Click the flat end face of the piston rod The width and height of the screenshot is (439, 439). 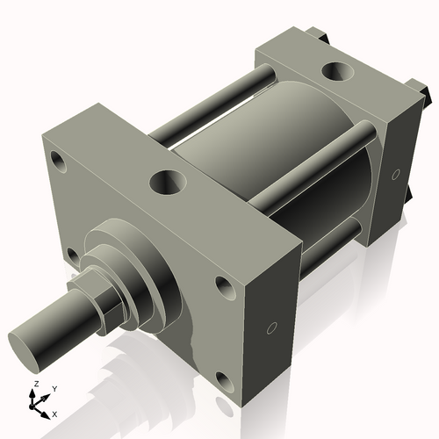click(x=29, y=339)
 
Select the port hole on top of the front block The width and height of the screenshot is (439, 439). click(x=166, y=183)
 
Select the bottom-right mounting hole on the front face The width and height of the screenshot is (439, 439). click(x=225, y=381)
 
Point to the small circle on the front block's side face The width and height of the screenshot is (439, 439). click(x=271, y=328)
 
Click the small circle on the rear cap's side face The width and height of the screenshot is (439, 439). click(x=396, y=172)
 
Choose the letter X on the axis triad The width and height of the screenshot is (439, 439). click(x=54, y=413)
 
